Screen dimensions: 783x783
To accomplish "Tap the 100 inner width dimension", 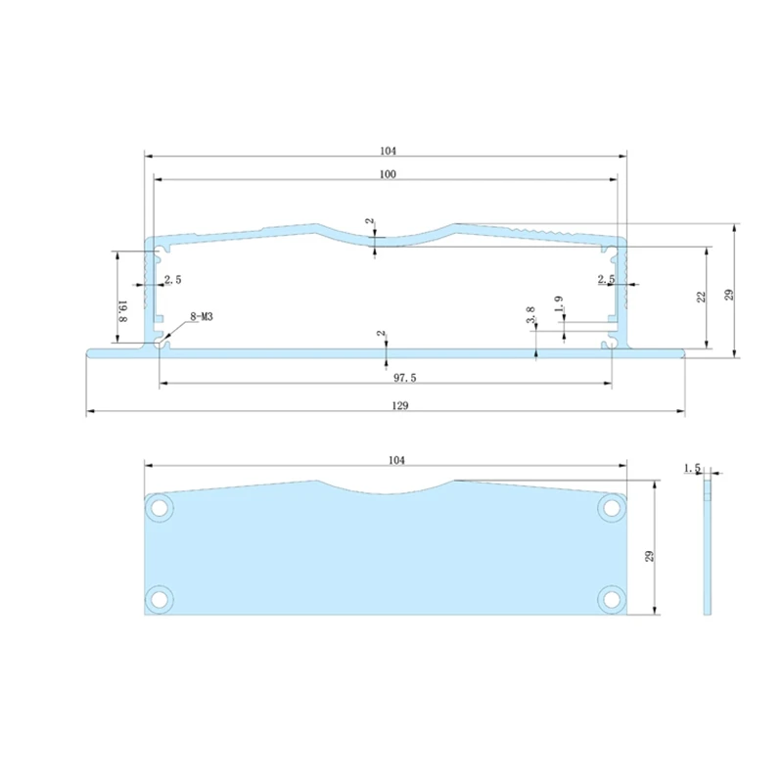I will point(388,173).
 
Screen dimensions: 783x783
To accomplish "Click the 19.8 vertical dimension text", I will point(123,311).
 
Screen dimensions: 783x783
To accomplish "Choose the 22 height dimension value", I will point(702,297).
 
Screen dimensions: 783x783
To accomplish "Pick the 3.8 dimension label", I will point(530,316).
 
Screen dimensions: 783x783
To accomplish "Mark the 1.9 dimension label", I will point(558,304).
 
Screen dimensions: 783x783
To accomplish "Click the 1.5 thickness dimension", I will point(694,470).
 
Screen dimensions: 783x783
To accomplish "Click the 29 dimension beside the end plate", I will point(648,557).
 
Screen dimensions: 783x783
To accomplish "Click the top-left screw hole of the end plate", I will point(159,507).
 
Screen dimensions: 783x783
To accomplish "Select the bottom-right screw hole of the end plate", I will point(613,597).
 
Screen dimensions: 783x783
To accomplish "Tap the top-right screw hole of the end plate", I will point(613,507).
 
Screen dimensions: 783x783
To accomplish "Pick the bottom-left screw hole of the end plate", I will point(159,597).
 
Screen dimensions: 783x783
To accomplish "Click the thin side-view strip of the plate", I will point(707,548).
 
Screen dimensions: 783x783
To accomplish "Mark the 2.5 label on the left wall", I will point(172,280).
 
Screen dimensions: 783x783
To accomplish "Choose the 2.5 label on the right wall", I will point(606,280).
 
